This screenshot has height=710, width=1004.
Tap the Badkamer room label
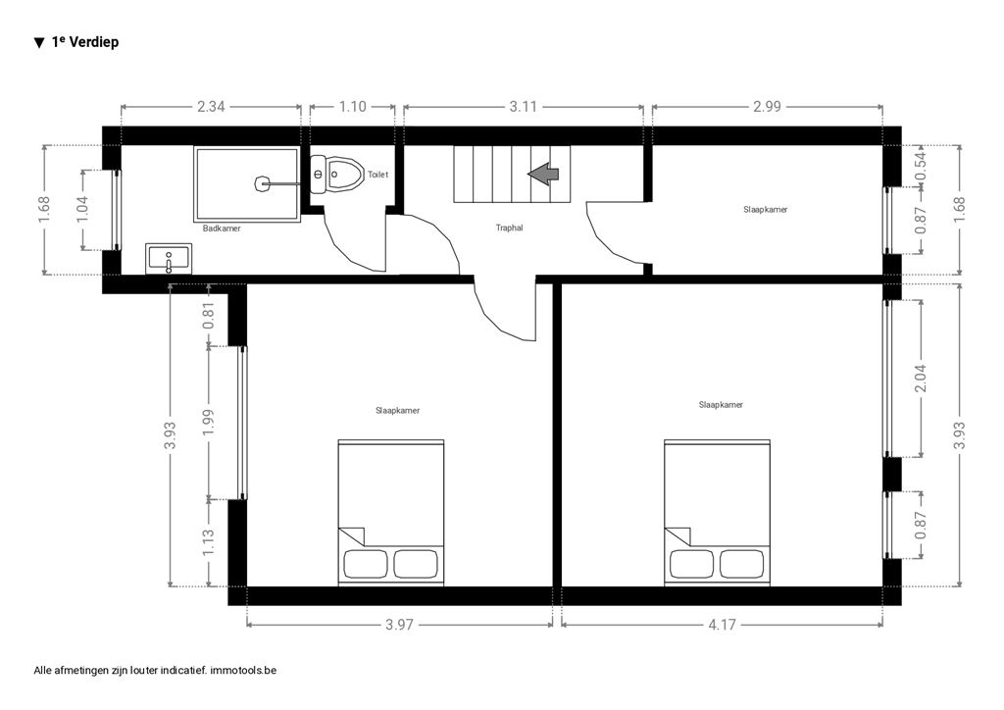tap(222, 228)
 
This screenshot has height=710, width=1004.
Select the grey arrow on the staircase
tap(543, 174)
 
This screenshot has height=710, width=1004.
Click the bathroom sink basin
tap(169, 259)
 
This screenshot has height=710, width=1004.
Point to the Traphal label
tap(509, 228)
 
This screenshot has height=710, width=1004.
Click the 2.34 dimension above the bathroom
tap(211, 106)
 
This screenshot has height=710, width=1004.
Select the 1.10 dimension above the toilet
tap(352, 106)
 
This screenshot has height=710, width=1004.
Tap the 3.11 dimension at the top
tap(524, 106)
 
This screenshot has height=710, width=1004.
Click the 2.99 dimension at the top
tap(767, 106)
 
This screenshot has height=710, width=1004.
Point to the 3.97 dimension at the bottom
tap(399, 625)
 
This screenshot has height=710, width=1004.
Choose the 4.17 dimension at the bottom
tap(722, 625)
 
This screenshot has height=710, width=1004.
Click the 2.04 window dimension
tap(921, 379)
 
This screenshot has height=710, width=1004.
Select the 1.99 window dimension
tap(208, 423)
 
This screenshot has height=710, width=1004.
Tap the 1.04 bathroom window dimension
tap(82, 210)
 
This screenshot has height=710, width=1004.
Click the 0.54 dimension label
tap(921, 165)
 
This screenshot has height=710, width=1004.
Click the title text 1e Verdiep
tap(85, 42)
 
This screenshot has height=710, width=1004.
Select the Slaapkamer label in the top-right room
tap(765, 209)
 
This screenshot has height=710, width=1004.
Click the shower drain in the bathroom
tap(262, 183)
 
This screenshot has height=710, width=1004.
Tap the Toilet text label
tap(377, 175)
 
